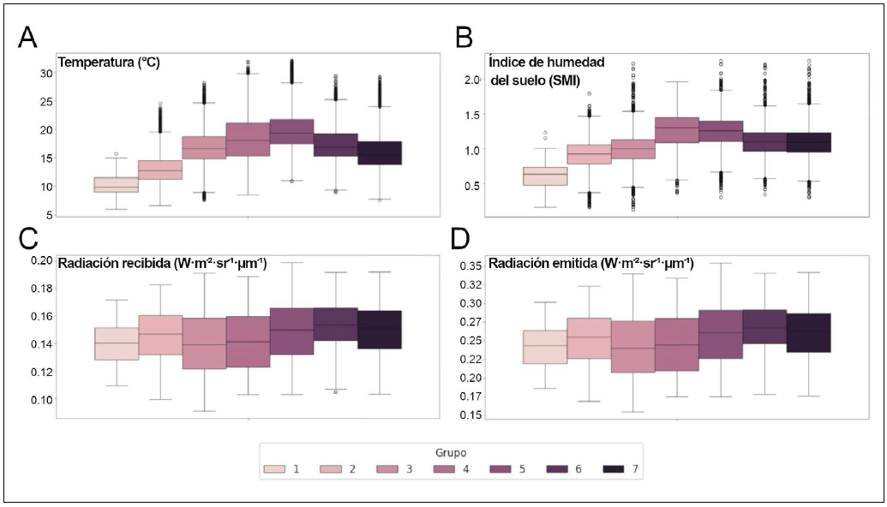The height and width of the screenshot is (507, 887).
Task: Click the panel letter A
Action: click(28, 38)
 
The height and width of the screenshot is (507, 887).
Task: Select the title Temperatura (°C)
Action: click(109, 63)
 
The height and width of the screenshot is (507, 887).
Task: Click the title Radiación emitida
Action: click(591, 263)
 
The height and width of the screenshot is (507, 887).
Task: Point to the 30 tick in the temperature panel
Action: click(45, 73)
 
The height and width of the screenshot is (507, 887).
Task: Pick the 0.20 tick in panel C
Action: click(41, 260)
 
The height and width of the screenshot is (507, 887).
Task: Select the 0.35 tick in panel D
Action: click(469, 266)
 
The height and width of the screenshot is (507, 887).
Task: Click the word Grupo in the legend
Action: click(449, 450)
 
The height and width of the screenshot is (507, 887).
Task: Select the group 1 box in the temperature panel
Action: click(116, 184)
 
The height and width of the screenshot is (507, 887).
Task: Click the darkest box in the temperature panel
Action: click(379, 152)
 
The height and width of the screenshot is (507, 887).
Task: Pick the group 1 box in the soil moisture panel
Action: click(545, 176)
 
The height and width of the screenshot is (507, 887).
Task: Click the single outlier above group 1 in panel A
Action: click(116, 155)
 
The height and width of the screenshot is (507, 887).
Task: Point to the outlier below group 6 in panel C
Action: click(335, 391)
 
